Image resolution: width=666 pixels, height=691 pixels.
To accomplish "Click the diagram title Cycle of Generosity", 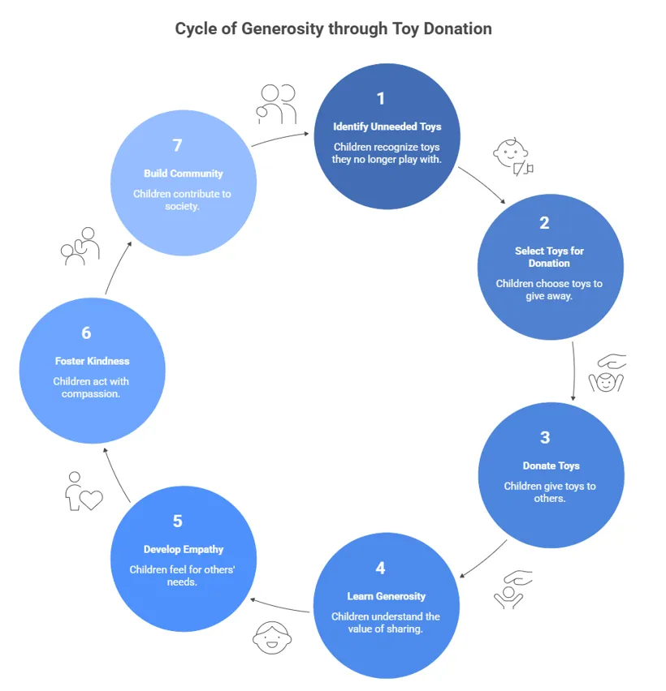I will coord(333,29).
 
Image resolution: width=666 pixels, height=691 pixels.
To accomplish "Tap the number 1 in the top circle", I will coord(380,99).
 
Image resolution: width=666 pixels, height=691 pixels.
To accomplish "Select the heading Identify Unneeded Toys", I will coord(387,127).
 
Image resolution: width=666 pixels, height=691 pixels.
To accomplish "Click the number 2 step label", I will coord(544,223).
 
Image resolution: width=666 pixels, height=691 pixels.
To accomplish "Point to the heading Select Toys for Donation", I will coord(549,256).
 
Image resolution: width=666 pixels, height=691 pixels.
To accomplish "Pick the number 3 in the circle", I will coord(544,438).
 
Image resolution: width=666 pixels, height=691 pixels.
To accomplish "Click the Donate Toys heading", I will coord(551,466).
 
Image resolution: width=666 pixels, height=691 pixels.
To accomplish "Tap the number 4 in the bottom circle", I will coord(380,568).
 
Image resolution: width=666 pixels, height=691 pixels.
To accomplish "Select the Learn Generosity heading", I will coord(387,596).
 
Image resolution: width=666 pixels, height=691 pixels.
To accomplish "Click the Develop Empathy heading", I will coord(183,549).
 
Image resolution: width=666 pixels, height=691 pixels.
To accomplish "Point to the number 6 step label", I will coord(86,333).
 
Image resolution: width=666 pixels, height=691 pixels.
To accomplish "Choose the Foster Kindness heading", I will coord(92,361).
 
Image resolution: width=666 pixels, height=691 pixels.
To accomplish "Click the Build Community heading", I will coord(183,174).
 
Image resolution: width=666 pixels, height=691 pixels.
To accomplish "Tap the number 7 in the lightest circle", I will coord(177,145).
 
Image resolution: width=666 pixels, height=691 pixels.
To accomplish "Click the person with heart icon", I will coord(83,491).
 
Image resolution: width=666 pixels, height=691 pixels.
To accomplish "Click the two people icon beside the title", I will coord(276,104).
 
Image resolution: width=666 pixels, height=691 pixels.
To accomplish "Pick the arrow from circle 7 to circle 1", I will coord(282,139).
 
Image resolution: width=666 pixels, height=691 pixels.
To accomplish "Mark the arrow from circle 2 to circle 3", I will coord(575,369).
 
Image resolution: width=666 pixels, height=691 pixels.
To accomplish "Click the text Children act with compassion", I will coord(92,388).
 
